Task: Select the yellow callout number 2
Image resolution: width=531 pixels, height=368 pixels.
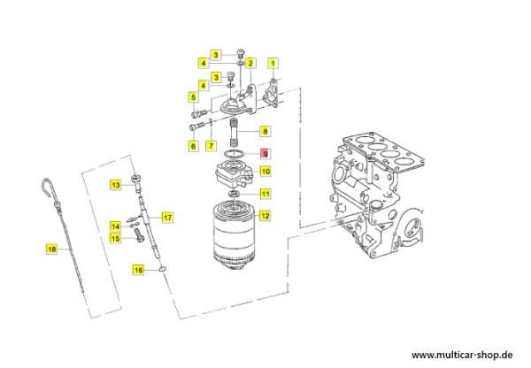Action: [x=251, y=63]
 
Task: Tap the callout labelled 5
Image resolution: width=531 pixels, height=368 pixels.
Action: [x=192, y=97]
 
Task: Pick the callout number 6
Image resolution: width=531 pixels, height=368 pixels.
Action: [x=192, y=144]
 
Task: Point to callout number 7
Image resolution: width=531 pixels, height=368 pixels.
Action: [x=211, y=144]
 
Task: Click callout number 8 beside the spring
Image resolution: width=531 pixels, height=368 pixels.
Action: [x=264, y=132]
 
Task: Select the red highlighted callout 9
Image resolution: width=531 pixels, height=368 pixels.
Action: [x=264, y=153]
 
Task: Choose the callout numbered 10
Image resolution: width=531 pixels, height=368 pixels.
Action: [x=265, y=172]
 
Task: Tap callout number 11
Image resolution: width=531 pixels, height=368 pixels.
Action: [x=265, y=194]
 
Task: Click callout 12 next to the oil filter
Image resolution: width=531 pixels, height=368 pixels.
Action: [x=265, y=215]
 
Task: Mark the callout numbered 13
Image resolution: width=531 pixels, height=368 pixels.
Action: [x=114, y=185]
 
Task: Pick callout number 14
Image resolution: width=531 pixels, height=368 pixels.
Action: [x=114, y=226]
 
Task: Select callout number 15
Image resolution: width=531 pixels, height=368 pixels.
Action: [x=114, y=238]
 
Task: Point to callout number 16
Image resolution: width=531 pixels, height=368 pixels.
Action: [x=138, y=269]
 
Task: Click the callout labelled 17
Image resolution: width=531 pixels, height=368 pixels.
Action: [x=166, y=217]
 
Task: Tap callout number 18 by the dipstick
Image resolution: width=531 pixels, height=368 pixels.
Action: [x=51, y=250]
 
